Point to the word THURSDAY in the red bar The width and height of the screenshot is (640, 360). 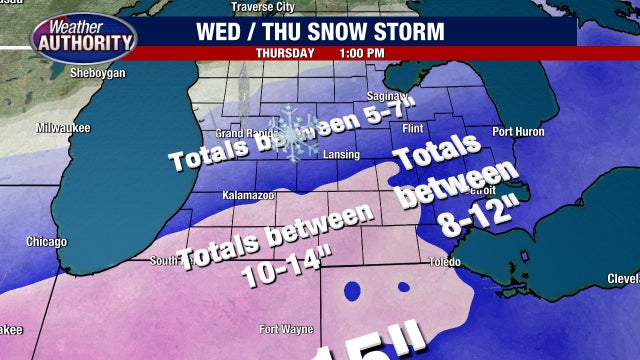pos(285,52)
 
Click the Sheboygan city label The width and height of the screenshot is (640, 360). pos(96,73)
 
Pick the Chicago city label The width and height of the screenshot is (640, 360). pos(46,242)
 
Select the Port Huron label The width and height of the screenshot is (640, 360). pos(517,131)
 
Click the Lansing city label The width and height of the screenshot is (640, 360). pos(342,154)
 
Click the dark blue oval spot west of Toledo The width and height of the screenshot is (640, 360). pos(354,291)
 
